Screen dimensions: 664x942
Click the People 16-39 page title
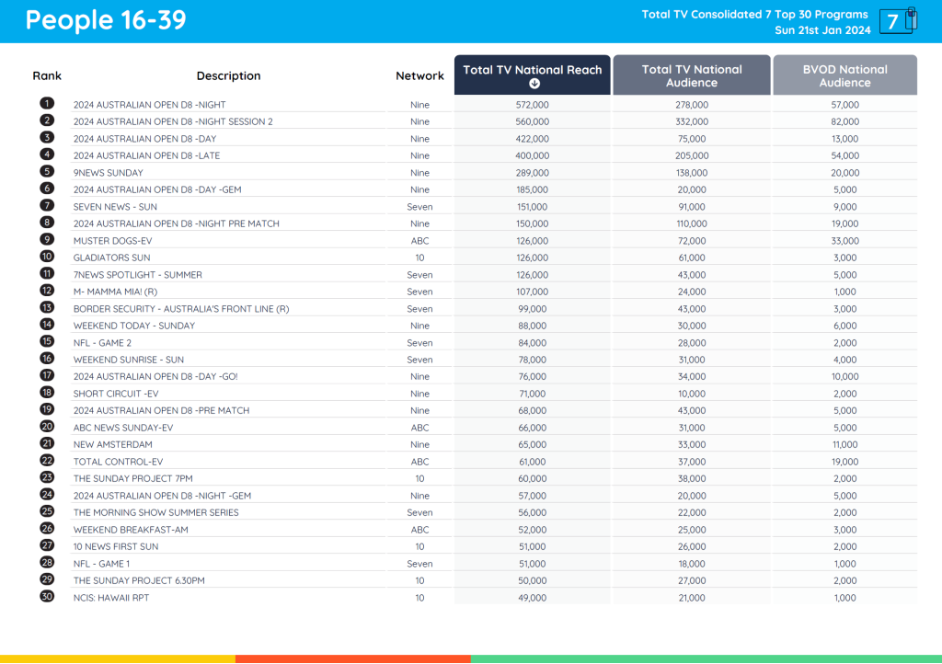pos(106,20)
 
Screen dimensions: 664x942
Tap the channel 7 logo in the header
pos(897,21)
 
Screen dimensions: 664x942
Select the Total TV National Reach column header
pos(533,75)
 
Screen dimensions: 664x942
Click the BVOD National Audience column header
pos(844,75)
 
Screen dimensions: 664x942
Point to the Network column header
pos(419,76)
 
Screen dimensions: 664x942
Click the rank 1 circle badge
pos(47,104)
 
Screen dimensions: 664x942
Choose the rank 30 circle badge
pos(47,597)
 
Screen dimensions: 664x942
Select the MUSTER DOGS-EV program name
pos(112,241)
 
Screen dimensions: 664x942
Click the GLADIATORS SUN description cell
pos(112,258)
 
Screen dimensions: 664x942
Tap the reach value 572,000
pos(533,105)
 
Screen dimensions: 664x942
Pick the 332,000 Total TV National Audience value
pos(692,121)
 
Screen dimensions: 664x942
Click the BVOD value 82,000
pos(844,121)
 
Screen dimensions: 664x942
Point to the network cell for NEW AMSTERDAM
pos(419,444)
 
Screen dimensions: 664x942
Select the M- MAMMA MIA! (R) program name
pos(116,292)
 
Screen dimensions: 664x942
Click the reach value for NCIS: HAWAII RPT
pos(533,598)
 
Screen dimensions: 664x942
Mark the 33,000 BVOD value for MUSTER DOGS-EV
pos(844,241)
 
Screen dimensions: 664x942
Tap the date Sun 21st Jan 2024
pos(822,30)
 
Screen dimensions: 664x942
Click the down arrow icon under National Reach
pos(534,84)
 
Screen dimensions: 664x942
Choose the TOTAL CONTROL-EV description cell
pos(118,462)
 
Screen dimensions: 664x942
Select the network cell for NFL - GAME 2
pos(419,343)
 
